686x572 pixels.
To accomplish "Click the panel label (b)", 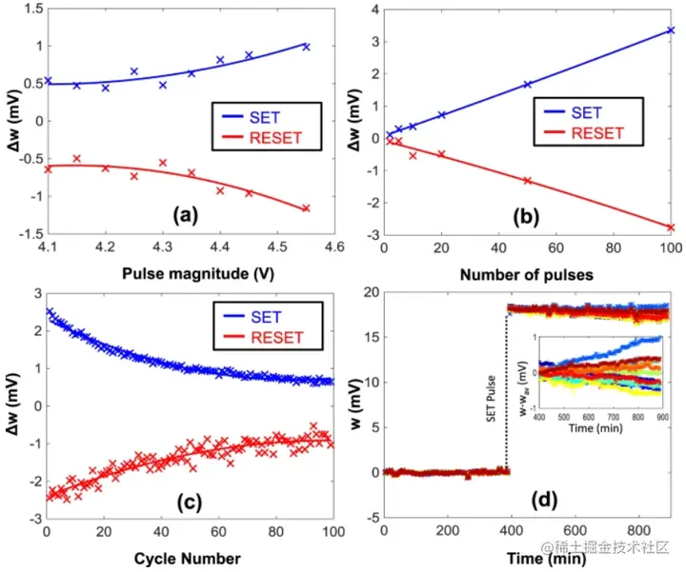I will coord(526,213).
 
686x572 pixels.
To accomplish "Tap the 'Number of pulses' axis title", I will coord(526,275).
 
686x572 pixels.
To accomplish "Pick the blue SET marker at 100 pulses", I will coord(670,30).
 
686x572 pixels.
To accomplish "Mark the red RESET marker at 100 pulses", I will coord(670,227).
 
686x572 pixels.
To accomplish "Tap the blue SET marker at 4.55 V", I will coord(306,47).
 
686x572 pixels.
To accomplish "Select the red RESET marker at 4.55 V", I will coord(306,208).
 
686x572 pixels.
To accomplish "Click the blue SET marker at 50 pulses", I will coord(527,85).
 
